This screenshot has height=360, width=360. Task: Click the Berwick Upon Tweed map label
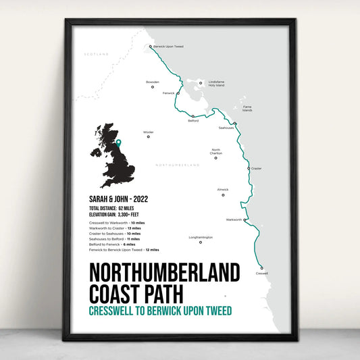pos(170,47)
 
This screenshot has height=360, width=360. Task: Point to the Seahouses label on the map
pos(226,128)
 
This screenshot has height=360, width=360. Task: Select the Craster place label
pos(256,168)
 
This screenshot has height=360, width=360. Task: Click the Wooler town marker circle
pos(149,137)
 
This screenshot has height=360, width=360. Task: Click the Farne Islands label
pos(247,109)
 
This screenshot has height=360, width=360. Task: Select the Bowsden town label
pos(153,82)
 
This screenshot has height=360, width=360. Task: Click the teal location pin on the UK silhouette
pos(118,143)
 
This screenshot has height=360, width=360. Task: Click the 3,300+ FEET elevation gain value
pos(134,215)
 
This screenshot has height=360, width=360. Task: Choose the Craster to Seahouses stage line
pos(114,233)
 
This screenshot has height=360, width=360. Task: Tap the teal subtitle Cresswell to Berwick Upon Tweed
pos(160,311)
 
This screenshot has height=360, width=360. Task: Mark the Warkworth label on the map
pos(234,220)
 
